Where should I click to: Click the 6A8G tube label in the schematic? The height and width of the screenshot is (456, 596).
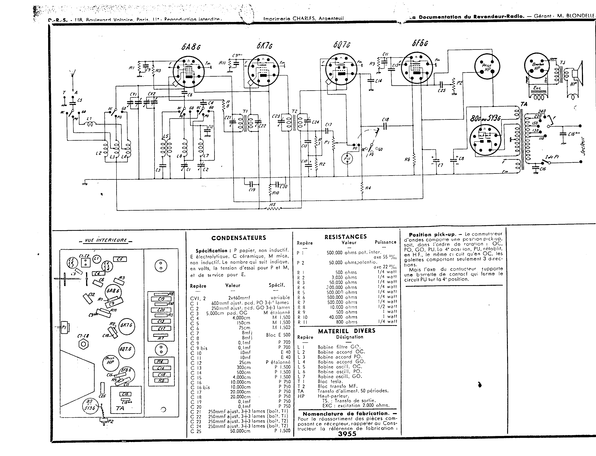[191, 47]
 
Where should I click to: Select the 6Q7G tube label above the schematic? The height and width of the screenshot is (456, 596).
[342, 45]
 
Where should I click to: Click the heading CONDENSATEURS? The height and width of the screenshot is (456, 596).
[238, 238]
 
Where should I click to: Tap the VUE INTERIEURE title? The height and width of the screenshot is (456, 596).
[106, 240]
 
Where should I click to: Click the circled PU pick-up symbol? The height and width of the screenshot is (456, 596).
[347, 159]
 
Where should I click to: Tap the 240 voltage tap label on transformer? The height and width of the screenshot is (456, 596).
[542, 111]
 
